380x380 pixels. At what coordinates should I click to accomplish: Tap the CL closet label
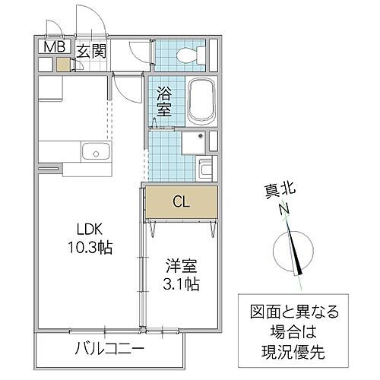(181, 202)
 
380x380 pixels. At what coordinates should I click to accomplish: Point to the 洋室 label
(182, 267)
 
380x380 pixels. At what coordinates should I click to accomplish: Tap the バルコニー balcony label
(109, 350)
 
